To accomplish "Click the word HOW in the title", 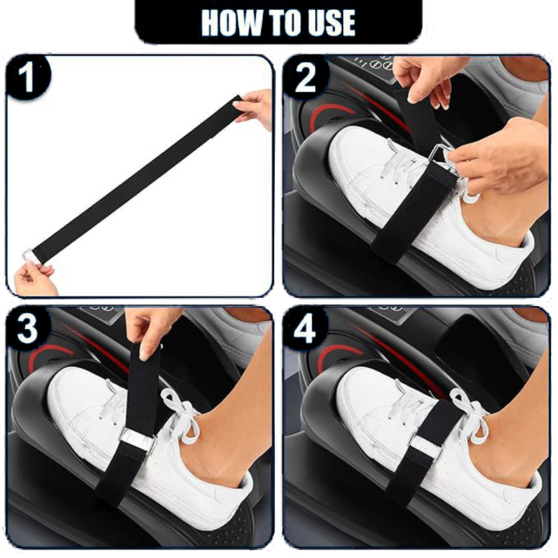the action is point(232,22).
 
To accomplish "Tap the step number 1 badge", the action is point(29,77).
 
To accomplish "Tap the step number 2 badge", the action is point(306,77).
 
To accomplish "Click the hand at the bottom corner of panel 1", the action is point(35,280).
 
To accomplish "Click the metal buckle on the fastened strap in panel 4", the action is point(429,447).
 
